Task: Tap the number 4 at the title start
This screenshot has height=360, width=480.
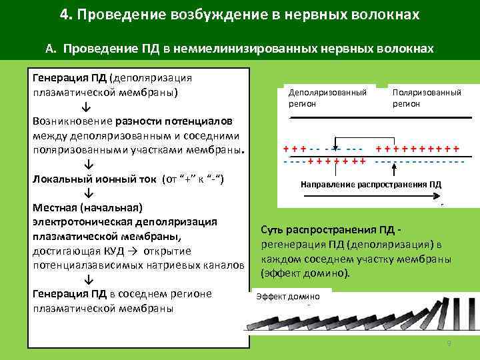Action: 63,14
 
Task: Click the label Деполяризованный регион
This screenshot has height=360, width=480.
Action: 327,97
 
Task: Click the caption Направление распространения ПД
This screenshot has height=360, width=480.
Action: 371,184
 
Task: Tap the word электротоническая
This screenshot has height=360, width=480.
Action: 75,222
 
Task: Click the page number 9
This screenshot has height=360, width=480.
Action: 449,343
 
